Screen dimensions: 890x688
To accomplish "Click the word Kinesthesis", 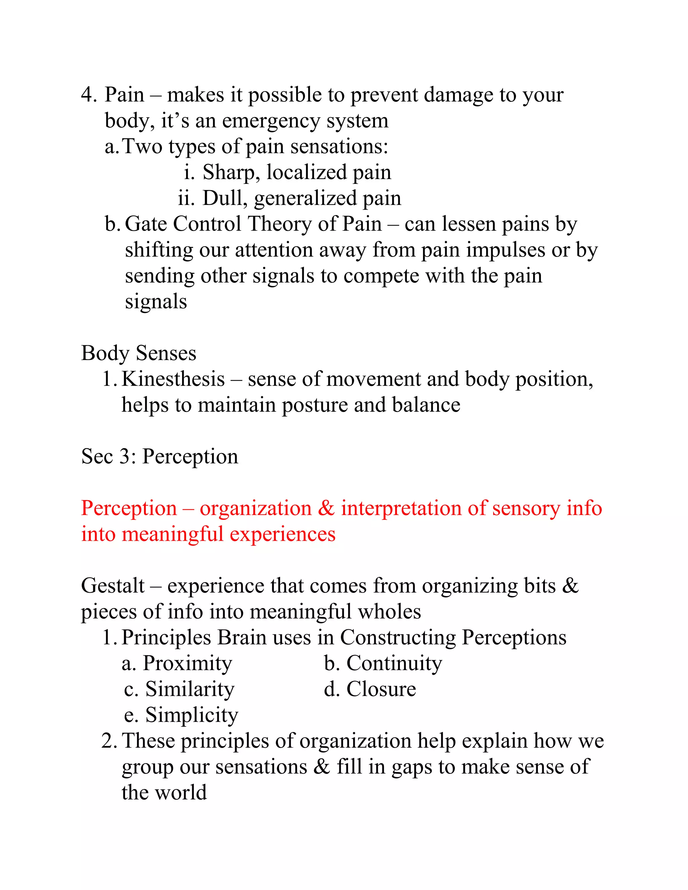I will pyautogui.click(x=173, y=380).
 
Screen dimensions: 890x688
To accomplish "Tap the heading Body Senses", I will pyautogui.click(x=139, y=353).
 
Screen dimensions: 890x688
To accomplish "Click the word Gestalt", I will pyautogui.click(x=113, y=586).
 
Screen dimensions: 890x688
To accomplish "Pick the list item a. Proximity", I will pyautogui.click(x=177, y=663).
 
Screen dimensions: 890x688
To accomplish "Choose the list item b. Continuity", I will pyautogui.click(x=383, y=663).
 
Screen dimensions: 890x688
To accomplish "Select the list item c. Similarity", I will pyautogui.click(x=179, y=689).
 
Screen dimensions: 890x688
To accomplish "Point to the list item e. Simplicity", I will pyautogui.click(x=181, y=716).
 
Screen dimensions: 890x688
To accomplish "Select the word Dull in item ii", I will pyautogui.click(x=225, y=198).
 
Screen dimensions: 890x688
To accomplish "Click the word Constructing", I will pyautogui.click(x=398, y=638).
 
